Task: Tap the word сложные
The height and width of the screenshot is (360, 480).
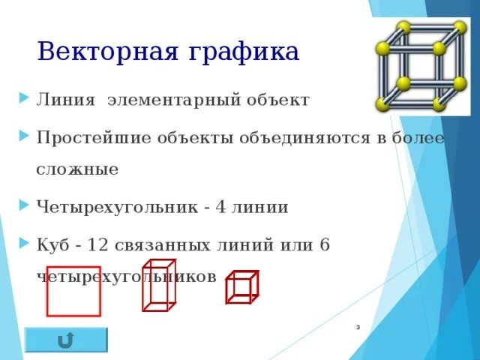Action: (77, 169)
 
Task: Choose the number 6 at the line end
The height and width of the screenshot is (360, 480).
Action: (325, 244)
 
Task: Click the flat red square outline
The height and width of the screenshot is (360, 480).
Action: (73, 290)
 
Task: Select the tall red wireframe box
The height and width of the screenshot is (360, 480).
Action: (158, 284)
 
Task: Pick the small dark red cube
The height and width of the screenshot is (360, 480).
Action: (241, 287)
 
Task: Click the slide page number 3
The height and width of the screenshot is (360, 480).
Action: (358, 328)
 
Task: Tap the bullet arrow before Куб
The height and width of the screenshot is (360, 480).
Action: (25, 244)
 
